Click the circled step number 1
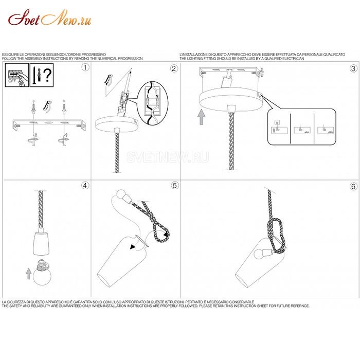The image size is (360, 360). coord(85,68)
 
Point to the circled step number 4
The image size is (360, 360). coord(85,186)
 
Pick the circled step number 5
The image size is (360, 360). coord(174,186)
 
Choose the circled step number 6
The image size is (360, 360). coord(353,186)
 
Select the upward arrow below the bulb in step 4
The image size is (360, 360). coord(28,273)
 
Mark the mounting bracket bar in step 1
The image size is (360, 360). coord(48,124)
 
